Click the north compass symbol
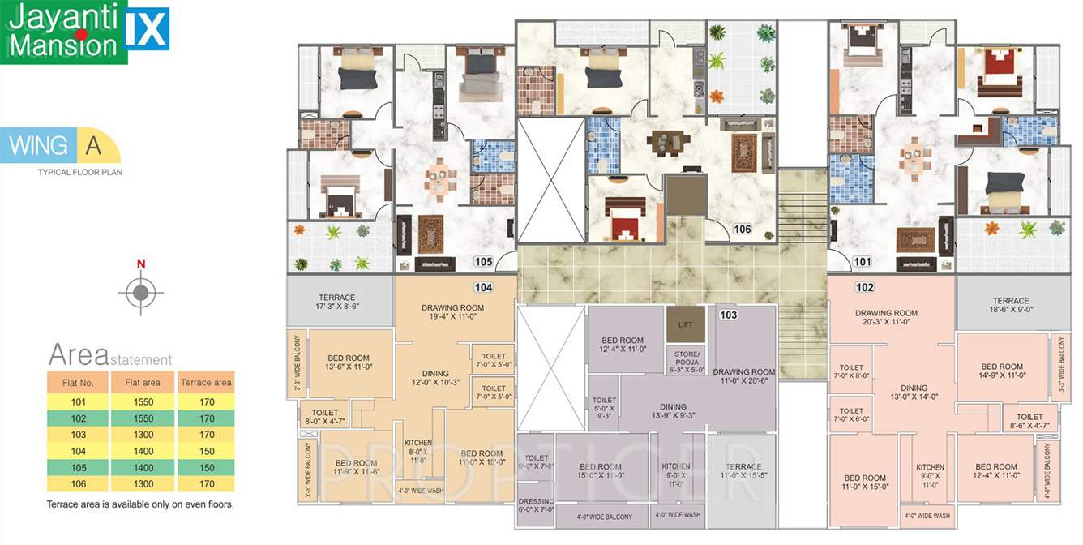tap(141, 290)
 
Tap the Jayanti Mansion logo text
tap(63, 31)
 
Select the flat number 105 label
tap(484, 262)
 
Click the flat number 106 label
tap(742, 230)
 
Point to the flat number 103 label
tap(728, 315)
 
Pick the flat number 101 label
tap(863, 262)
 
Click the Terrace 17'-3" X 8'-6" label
tap(337, 303)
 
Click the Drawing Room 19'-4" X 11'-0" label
tap(452, 313)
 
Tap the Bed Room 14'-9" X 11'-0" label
tap(1002, 371)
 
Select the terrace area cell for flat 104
tap(206, 451)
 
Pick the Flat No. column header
tap(75, 382)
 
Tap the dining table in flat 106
tap(668, 144)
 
